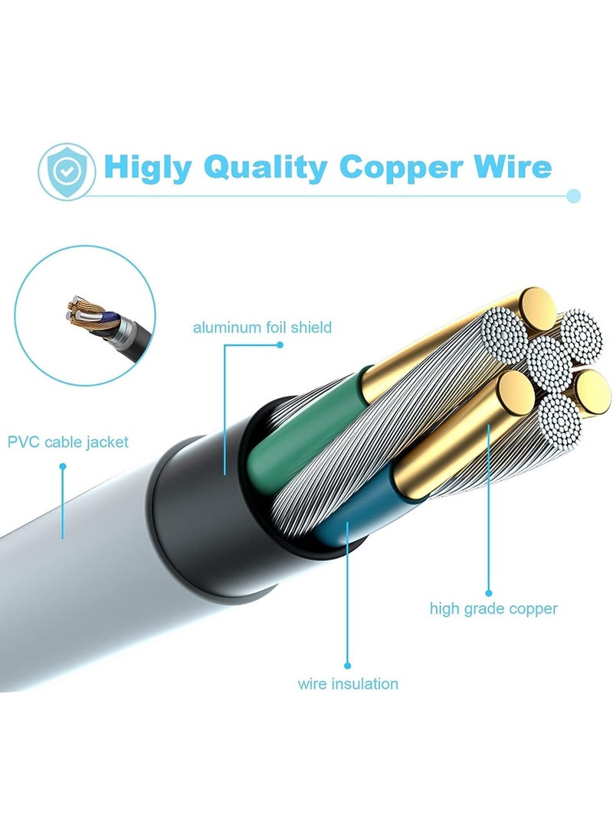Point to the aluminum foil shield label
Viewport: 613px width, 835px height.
pyautogui.click(x=262, y=328)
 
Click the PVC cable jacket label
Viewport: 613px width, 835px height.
pyautogui.click(x=68, y=442)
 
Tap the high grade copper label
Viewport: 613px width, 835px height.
pyautogui.click(x=493, y=609)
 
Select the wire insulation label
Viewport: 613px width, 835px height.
pyautogui.click(x=348, y=683)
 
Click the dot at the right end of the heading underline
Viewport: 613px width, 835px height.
pyautogui.click(x=574, y=196)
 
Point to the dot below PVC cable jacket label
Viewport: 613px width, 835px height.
pyautogui.click(x=63, y=465)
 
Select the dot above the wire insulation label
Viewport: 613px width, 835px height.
pyautogui.click(x=347, y=665)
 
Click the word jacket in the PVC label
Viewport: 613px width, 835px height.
pyautogui.click(x=107, y=442)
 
